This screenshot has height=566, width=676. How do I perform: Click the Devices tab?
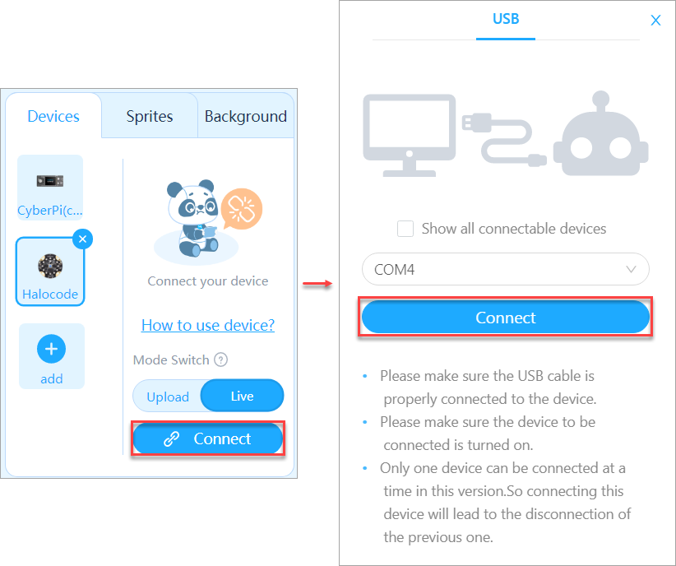53,116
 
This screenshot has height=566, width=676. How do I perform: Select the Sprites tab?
150,116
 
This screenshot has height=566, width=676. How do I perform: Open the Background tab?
245,116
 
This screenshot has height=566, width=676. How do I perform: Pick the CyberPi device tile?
50,188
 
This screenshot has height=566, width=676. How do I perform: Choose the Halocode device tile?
50,271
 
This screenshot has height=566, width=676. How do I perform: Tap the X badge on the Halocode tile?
83,239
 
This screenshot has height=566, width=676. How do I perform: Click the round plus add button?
51,349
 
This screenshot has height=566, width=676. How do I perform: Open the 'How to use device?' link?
208,325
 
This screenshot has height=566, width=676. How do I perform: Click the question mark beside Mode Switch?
220,360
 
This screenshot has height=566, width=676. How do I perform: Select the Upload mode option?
168,397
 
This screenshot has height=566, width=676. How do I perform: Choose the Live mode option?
243,396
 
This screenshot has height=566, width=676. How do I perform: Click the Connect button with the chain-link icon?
208,438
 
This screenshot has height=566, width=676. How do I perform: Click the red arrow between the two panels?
317,284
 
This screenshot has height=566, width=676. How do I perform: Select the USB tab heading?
506,19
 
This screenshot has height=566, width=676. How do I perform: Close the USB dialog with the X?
655,21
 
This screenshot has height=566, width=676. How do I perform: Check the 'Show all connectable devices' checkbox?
405,229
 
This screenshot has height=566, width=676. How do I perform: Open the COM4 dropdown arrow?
631,269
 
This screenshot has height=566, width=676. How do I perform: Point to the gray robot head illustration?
601,138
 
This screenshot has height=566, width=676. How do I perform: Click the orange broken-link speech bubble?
242,209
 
